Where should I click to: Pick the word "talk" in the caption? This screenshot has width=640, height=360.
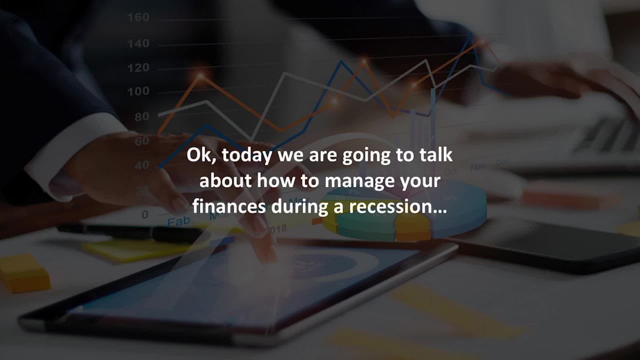click(x=436, y=155)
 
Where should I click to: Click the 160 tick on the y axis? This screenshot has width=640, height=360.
click(x=138, y=17)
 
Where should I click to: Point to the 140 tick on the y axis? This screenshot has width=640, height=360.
click(x=138, y=43)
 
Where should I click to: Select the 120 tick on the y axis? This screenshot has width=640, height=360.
click(x=138, y=67)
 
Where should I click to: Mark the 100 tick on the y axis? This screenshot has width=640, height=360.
click(x=138, y=91)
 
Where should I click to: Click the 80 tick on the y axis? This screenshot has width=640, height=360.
click(x=141, y=116)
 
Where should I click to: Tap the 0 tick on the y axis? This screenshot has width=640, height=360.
click(x=145, y=214)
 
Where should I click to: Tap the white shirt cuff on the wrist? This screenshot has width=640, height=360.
click(x=75, y=150)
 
